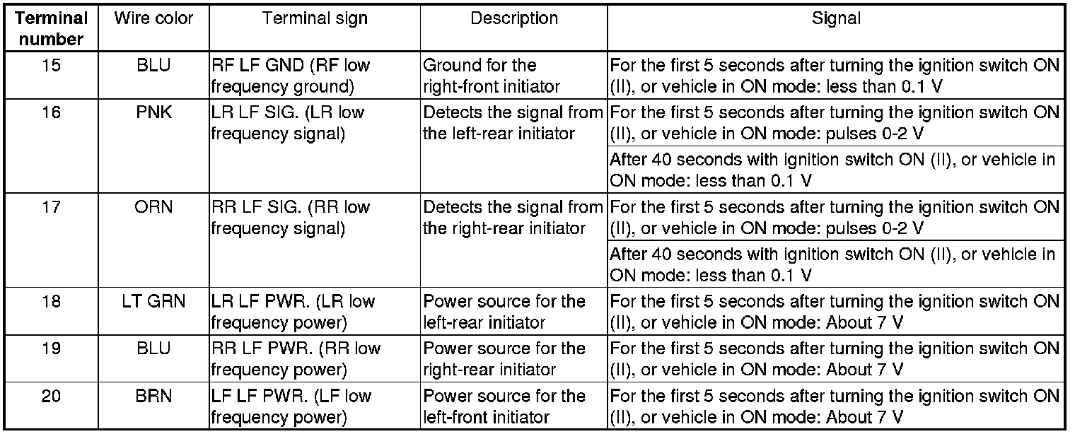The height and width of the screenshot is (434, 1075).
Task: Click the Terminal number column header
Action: pyautogui.click(x=52, y=28)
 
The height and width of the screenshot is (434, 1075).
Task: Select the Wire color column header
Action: pyautogui.click(x=153, y=19)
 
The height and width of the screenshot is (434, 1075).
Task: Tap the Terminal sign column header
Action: pyautogui.click(x=315, y=19)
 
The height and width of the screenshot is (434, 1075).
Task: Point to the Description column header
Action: pyautogui.click(x=513, y=19)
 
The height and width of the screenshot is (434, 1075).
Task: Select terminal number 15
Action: pyautogui.click(x=52, y=66)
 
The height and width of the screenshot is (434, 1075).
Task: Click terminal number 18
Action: pyautogui.click(x=52, y=302)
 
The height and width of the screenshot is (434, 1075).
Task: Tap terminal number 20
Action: pyautogui.click(x=52, y=397)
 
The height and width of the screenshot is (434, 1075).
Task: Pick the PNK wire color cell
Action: pyautogui.click(x=153, y=112)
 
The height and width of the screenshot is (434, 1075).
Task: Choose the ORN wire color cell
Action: pyautogui.click(x=153, y=207)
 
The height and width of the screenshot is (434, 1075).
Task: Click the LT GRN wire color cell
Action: pyautogui.click(x=153, y=302)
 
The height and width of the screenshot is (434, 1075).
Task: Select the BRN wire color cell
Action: pyautogui.click(x=153, y=397)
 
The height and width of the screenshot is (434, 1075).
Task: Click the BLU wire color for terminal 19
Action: pyautogui.click(x=153, y=349)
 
